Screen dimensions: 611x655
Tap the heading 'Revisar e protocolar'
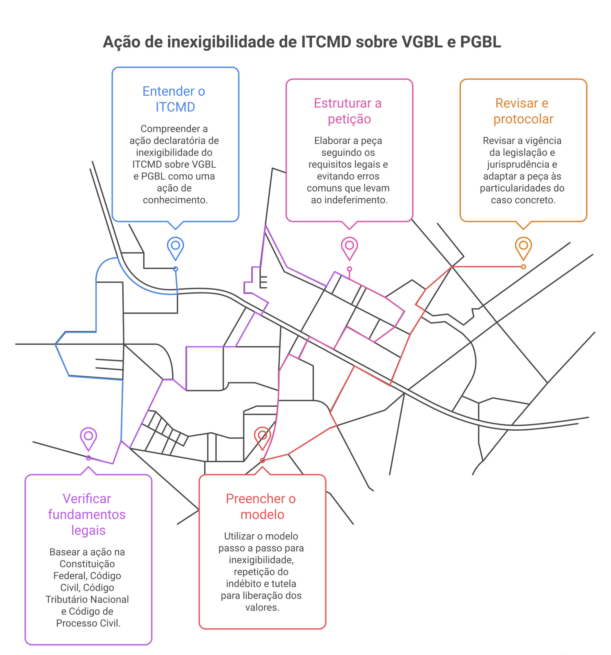pos(523,111)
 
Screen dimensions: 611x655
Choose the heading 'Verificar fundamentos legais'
pos(87,514)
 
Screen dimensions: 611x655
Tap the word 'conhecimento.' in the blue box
pos(175,200)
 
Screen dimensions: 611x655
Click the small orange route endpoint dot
pos(523,267)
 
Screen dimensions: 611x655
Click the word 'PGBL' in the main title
pos(481,42)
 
